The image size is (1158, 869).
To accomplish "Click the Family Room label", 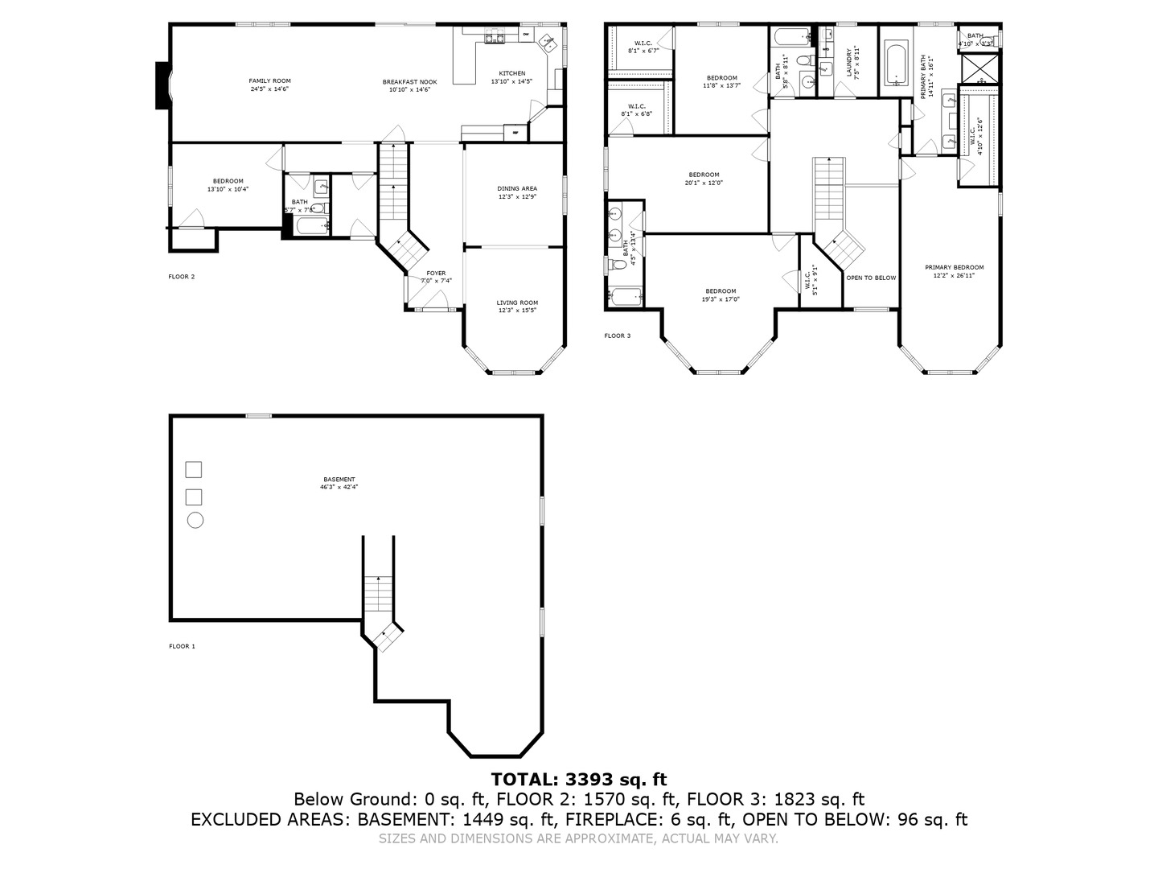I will coord(269,84).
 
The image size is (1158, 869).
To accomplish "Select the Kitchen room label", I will coord(511,77).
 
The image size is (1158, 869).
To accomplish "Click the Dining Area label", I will coord(516,192).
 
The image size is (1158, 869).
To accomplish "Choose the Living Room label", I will coord(516,307).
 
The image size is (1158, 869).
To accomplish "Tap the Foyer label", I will coord(436,277).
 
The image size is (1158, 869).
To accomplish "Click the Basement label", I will coord(339,483).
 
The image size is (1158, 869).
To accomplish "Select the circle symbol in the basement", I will coord(195,520).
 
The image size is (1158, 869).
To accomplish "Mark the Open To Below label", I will coord(870,278).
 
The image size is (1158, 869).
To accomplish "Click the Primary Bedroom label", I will coord(954,271).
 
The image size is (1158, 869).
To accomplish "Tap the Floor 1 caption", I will coord(182,646).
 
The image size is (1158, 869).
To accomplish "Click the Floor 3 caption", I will coord(618,336).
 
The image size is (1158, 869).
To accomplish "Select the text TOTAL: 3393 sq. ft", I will coord(579,779).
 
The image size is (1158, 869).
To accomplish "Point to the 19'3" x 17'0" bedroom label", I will coord(721,295).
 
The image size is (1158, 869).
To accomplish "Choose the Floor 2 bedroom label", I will coord(228,185).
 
